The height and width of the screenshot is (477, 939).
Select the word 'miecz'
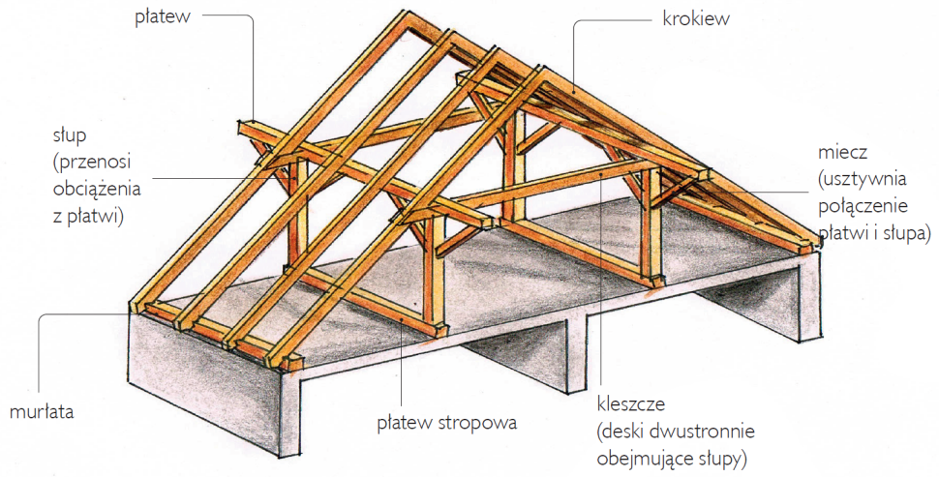[839, 154]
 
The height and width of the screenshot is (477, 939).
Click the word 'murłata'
[42, 411]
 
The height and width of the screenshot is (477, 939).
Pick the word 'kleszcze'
[631, 403]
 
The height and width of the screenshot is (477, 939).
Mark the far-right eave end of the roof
[817, 243]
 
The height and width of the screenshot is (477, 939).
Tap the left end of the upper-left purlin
[243, 127]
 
